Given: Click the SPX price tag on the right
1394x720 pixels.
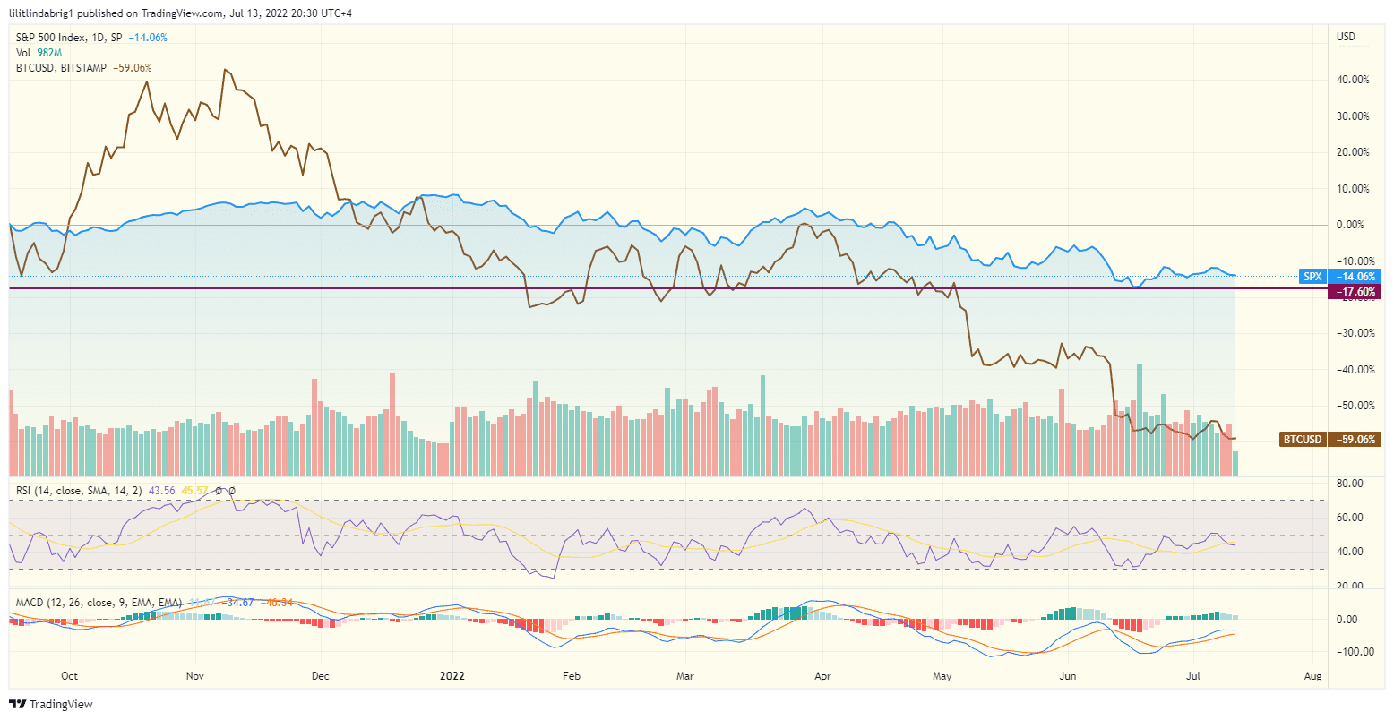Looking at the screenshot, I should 1312,277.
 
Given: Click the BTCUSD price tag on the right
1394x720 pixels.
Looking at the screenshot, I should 1303,440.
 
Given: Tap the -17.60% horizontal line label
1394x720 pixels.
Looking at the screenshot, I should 1355,292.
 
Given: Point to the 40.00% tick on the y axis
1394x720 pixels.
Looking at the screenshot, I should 1352,80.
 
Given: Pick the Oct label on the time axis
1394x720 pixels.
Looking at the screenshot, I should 69,676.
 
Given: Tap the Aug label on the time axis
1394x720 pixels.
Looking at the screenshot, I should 1313,676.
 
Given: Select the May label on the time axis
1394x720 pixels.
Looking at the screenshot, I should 941,676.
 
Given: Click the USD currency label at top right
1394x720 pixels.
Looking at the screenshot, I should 1346,37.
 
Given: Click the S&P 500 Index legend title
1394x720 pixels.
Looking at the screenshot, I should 54,38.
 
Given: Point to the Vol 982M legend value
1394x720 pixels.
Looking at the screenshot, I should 39,53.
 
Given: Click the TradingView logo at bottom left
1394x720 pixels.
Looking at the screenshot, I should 51,705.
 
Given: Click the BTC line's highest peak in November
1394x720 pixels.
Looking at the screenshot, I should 224,69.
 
